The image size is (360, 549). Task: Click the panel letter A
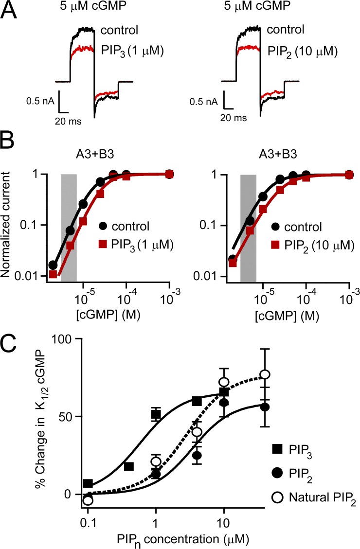tap(11, 11)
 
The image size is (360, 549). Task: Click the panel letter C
tap(11, 348)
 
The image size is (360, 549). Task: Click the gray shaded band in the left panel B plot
tap(68, 224)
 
